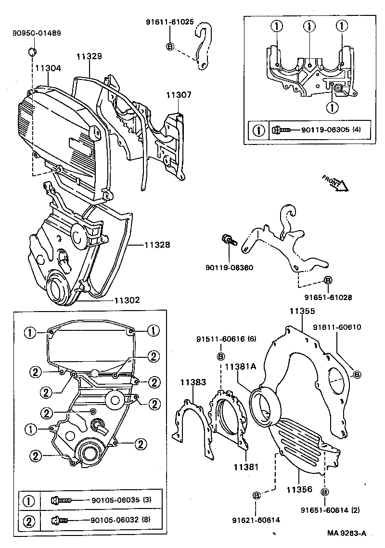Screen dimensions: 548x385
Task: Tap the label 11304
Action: coord(48,68)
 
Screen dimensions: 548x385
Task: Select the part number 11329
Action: coord(89,56)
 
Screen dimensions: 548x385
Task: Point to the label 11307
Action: coord(179,95)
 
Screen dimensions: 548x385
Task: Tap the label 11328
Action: coord(156,245)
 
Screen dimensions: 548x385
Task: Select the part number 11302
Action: coord(127,300)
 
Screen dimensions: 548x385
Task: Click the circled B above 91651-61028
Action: coord(328,280)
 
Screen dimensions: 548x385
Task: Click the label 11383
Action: coord(193,382)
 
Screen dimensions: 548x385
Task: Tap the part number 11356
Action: coord(300,489)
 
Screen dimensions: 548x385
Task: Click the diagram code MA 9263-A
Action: coord(347,533)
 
